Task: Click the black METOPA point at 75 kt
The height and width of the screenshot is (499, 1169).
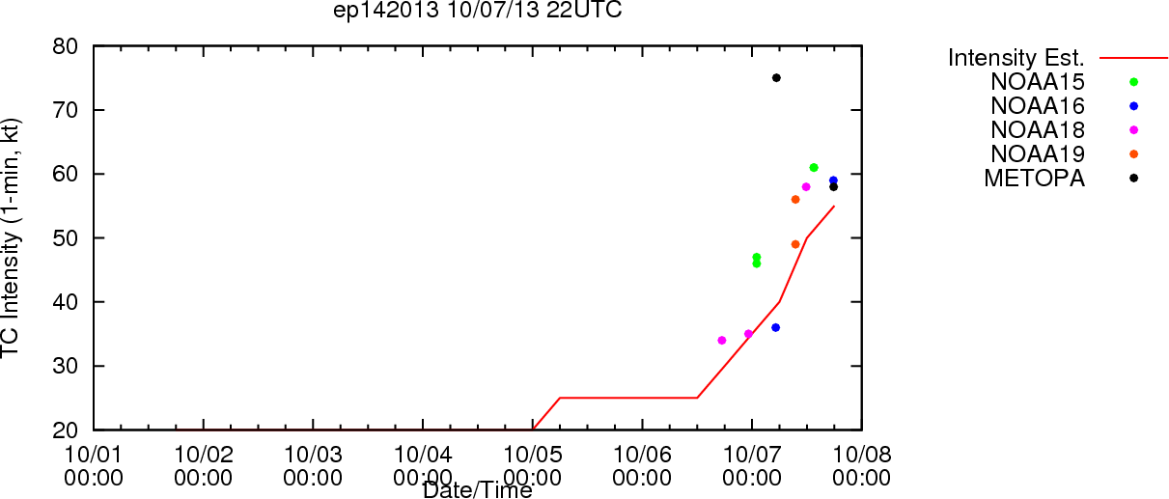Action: click(776, 78)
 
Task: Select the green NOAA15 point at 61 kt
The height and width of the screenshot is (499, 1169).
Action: click(814, 168)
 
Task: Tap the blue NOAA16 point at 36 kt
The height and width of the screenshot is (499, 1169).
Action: click(775, 328)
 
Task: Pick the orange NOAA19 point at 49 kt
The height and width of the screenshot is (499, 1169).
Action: click(795, 244)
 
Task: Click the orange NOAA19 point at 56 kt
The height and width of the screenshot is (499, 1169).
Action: click(795, 200)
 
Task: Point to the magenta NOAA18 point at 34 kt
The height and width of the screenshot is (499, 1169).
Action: click(722, 341)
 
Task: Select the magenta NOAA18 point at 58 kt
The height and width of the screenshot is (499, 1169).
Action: click(806, 187)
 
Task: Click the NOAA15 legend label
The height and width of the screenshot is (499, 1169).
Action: click(1038, 82)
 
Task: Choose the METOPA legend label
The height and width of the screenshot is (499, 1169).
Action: click(1035, 179)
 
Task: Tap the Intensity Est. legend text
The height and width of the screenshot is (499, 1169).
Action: click(1016, 58)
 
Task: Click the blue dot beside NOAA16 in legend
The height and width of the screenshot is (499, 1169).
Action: click(1133, 106)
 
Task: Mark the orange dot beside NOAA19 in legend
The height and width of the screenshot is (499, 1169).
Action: click(1133, 154)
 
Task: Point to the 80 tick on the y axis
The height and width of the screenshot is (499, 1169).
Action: click(66, 46)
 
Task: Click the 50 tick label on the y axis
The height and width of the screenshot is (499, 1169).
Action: click(66, 238)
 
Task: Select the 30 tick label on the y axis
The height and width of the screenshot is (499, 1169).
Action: click(66, 367)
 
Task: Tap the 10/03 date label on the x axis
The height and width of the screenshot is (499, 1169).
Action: click(313, 456)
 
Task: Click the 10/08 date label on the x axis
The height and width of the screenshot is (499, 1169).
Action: click(862, 456)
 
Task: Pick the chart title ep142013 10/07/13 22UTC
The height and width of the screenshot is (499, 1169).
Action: click(478, 10)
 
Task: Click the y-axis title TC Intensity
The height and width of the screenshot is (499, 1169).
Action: click(10, 238)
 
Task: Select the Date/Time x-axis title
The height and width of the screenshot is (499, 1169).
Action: click(478, 490)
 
